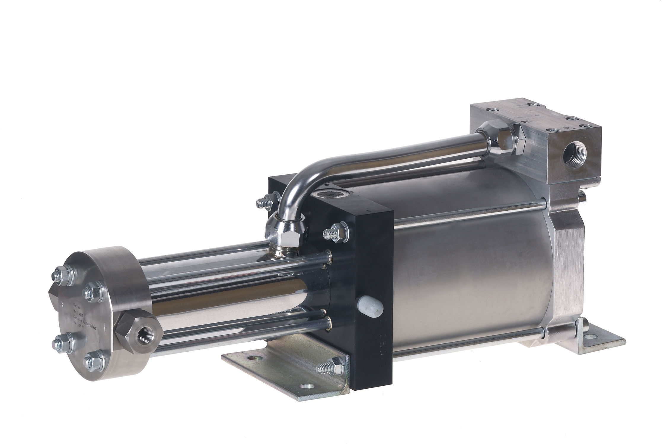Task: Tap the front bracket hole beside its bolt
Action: tap(305, 386)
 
